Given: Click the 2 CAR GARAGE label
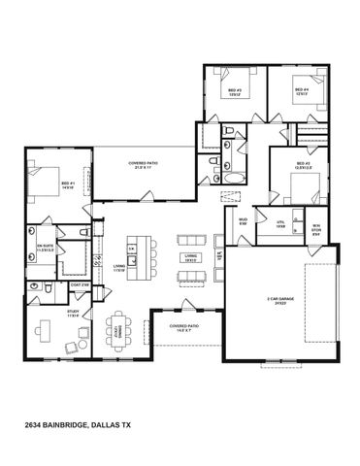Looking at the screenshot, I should point(280,301).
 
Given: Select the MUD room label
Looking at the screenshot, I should point(243,223).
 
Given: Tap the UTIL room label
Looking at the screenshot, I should point(280,223).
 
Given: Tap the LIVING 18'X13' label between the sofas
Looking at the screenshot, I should point(191,257).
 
